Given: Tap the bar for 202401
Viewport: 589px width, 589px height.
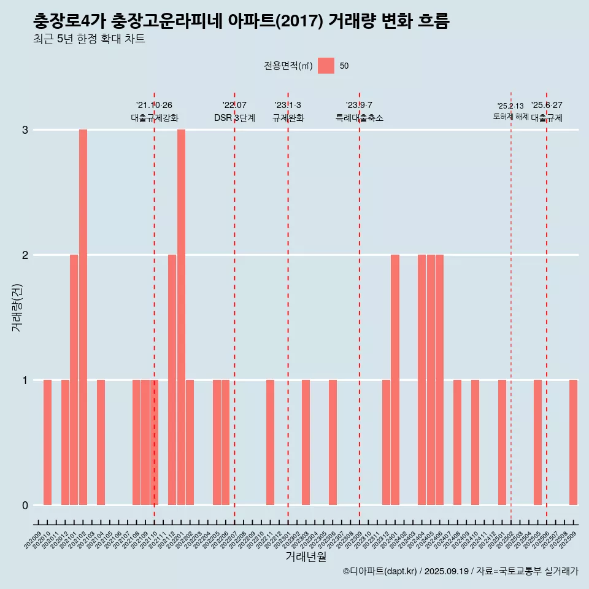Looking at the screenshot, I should pos(395,380).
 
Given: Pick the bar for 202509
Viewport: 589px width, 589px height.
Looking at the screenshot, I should pos(573,442).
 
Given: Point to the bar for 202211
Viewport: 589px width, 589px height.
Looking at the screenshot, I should pos(270,442).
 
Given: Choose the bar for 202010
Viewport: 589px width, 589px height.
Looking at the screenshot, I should pos(47,442).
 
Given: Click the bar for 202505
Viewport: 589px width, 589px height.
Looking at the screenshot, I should pos(537,442).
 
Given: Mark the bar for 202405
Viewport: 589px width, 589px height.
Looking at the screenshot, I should pos(431,380).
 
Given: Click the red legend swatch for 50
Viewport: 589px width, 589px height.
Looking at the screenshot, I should pos(326,66).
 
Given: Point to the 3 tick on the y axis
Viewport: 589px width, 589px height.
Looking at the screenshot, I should pos(25,130).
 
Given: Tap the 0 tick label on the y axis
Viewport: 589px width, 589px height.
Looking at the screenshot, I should pos(25,506).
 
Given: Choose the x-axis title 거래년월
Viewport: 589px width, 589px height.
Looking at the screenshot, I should pos(306,557).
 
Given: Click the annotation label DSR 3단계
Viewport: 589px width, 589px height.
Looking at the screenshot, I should pos(234,118).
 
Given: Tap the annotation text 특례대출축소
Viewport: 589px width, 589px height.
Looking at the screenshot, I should pos(360,118).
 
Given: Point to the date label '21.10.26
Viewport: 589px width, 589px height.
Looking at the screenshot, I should pos(154,105).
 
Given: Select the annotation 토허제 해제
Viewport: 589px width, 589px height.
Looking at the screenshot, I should pos(510,116).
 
